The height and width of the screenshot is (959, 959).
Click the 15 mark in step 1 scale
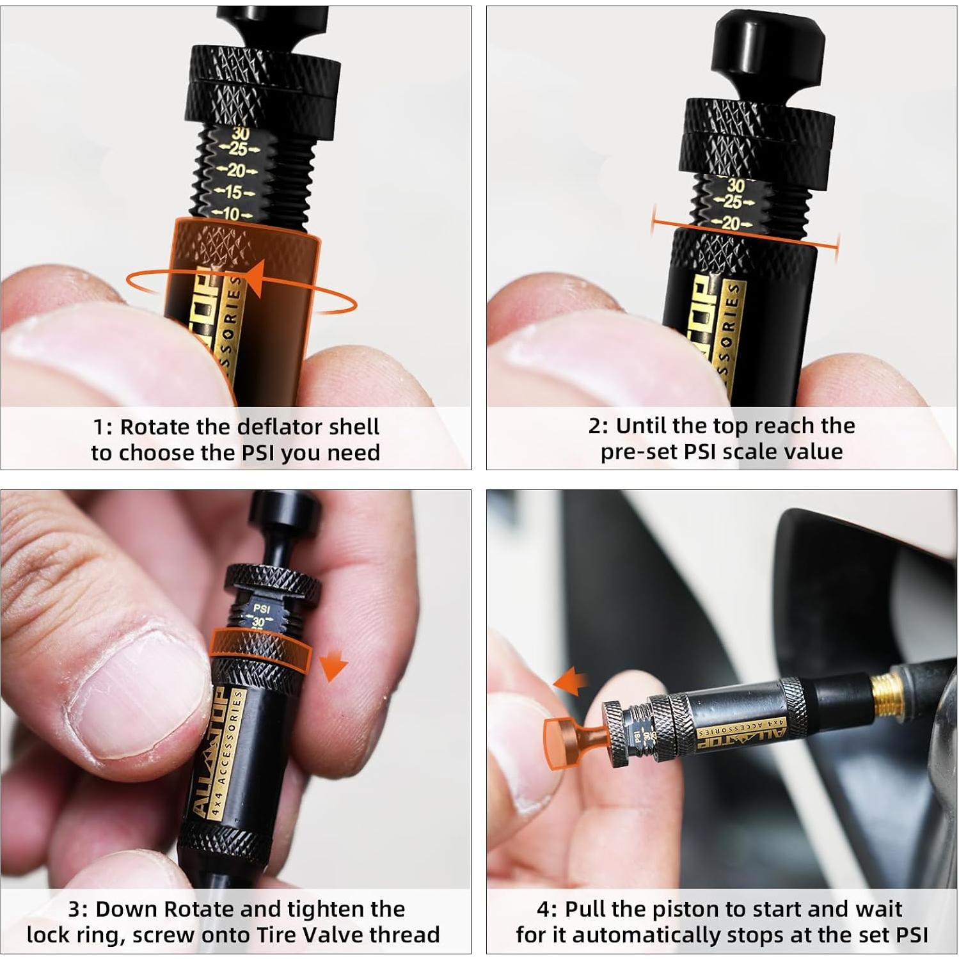pyautogui.click(x=234, y=192)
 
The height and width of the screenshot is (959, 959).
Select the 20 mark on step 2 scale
pyautogui.click(x=731, y=223)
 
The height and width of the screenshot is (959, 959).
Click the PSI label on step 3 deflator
pyautogui.click(x=262, y=608)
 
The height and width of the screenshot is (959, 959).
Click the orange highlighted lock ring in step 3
pyautogui.click(x=260, y=649)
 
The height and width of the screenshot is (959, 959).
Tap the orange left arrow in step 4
pyautogui.click(x=571, y=681)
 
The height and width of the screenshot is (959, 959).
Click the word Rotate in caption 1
pyautogui.click(x=155, y=427)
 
